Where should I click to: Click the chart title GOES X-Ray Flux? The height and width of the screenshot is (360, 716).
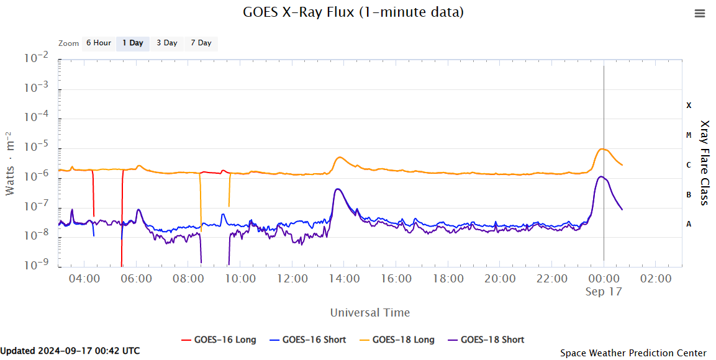[353, 12]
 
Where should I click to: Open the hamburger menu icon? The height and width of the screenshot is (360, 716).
[700, 14]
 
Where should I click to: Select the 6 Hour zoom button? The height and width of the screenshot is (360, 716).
[98, 43]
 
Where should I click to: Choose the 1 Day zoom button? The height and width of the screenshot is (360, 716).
[132, 43]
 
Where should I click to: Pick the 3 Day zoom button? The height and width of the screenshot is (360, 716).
[166, 43]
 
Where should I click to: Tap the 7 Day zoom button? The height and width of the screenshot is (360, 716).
[201, 43]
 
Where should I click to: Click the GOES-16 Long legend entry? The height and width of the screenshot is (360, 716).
[219, 340]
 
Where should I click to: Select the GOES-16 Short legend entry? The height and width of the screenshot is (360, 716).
[307, 340]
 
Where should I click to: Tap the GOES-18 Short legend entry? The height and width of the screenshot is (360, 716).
[486, 340]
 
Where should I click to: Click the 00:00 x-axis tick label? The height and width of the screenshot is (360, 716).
[604, 279]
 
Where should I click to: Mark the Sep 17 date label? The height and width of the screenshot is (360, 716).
[604, 291]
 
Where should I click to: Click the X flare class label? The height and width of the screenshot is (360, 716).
[689, 106]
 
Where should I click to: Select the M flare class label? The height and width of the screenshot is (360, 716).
[689, 135]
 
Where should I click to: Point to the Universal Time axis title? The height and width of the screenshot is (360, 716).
[370, 312]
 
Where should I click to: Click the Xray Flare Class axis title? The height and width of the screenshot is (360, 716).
[704, 163]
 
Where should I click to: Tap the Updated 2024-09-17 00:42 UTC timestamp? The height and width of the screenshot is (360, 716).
[70, 351]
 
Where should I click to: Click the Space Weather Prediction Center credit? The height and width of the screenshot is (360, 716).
[633, 353]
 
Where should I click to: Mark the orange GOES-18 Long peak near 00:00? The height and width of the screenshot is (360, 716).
[602, 149]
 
